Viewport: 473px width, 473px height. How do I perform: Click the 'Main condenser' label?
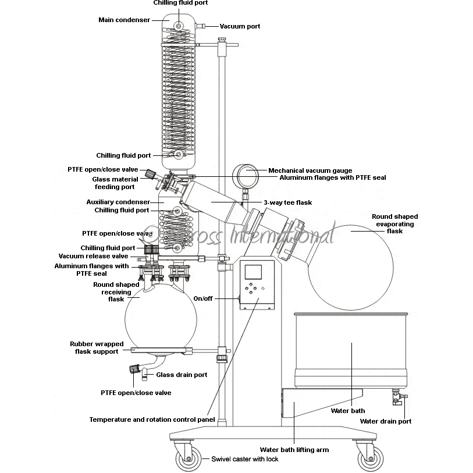(124, 20)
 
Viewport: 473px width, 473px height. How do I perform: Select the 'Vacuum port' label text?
(240, 26)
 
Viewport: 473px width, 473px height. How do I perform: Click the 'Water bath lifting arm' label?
(294, 450)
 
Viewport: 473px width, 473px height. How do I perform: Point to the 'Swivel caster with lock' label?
(244, 459)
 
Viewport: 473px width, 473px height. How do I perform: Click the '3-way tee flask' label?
(287, 202)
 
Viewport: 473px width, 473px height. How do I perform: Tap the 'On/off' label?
(203, 298)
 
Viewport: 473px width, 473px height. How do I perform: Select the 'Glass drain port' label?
(182, 375)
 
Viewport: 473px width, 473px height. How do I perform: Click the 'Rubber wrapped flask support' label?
(97, 348)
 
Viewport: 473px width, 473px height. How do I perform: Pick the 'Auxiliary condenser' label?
(113, 202)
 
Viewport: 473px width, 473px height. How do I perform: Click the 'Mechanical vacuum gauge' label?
(310, 170)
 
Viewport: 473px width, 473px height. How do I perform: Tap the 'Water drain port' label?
(385, 421)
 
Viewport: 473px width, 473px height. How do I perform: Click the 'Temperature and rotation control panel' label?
(152, 419)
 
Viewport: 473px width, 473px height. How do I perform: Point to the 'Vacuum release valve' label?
(93, 256)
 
